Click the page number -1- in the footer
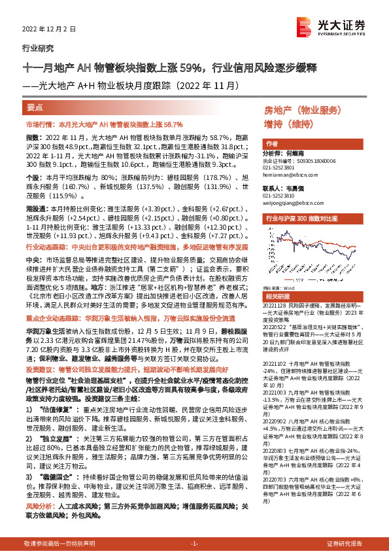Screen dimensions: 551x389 pos(194,544)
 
